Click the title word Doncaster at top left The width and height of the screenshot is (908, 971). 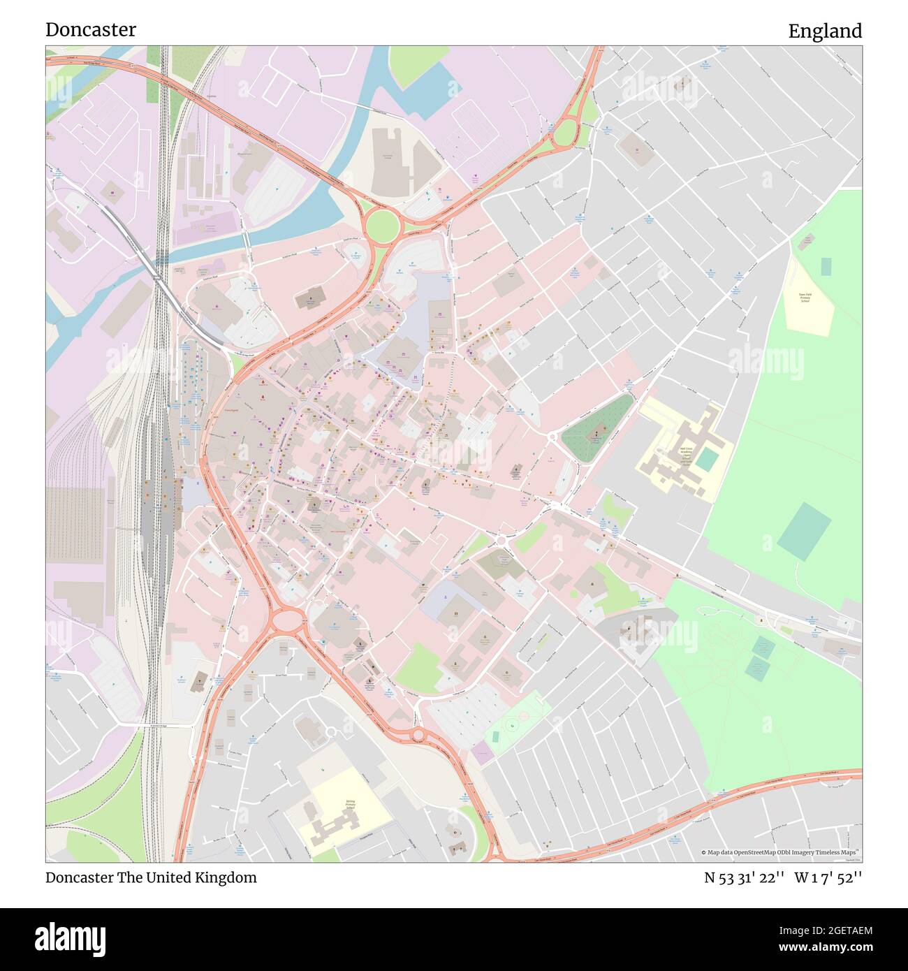tap(91, 30)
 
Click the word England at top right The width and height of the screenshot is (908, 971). tap(825, 31)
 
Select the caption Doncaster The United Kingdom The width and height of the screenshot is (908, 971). tap(151, 877)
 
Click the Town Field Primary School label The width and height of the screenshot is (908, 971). tap(805, 298)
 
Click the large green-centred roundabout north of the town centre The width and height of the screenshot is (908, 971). tap(382, 225)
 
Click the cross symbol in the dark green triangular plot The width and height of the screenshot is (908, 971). tap(595, 435)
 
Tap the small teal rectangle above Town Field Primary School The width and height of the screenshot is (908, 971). tap(826, 266)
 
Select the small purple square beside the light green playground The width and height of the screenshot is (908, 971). tap(481, 752)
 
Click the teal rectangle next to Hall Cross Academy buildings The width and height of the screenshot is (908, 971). tap(706, 460)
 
